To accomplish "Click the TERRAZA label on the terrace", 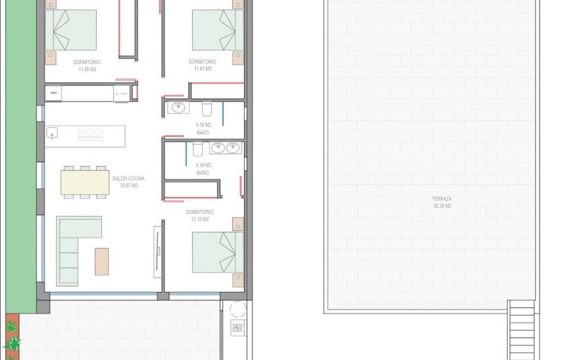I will (x=441, y=199).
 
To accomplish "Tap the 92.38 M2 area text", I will (x=441, y=206).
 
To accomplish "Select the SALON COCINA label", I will (x=128, y=179).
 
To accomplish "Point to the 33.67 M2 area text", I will (x=128, y=186).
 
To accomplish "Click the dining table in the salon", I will (x=85, y=182).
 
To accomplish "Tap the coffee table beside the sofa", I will (x=101, y=261).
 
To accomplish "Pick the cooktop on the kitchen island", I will (x=91, y=133).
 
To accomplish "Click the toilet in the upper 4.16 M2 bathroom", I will (x=207, y=109).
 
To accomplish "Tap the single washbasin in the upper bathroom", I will (x=178, y=108).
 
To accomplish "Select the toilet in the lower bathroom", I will (x=197, y=149).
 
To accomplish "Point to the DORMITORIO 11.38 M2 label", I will (x=86, y=65).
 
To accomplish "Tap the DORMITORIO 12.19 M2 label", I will (x=199, y=215).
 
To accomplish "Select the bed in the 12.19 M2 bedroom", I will (x=218, y=252).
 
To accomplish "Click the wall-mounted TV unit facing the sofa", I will (x=157, y=251).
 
